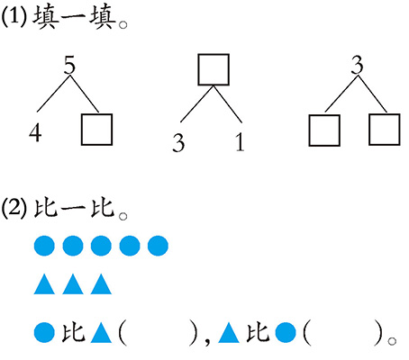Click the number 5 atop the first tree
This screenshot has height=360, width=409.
(69, 66)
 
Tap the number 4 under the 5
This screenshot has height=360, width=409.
(35, 132)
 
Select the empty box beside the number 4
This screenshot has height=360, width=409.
(96, 130)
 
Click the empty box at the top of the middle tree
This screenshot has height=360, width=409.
(214, 69)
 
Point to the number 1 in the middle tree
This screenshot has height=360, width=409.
(240, 142)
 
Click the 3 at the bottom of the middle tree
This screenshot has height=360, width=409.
(178, 142)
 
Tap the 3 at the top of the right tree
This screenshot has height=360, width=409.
(357, 66)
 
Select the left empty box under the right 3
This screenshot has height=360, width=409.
(324, 130)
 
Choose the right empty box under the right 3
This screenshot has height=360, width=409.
(385, 130)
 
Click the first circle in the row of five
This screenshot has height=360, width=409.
(44, 246)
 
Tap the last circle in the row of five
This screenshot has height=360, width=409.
(158, 246)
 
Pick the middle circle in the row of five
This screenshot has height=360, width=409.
(101, 246)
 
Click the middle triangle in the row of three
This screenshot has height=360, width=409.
(73, 283)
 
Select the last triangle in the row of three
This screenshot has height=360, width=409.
(101, 283)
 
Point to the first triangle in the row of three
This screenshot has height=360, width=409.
(44, 283)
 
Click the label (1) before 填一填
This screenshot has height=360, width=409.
(14, 17)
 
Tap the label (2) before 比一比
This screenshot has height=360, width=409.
(14, 208)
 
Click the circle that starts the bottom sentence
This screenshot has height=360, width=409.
(44, 332)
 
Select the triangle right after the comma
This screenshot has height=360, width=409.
(229, 333)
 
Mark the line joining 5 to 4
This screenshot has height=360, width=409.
(53, 94)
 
